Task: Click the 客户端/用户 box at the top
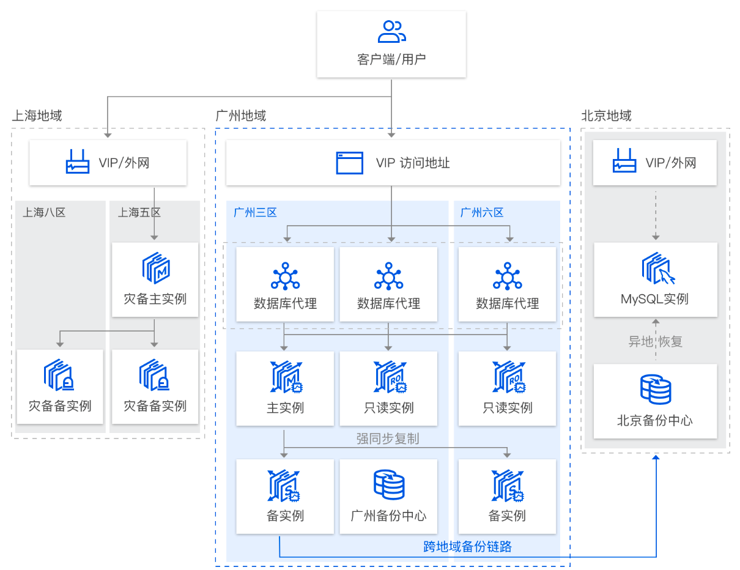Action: point(391,45)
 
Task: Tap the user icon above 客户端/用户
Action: point(391,31)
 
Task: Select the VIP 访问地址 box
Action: point(393,163)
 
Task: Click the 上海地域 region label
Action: point(37,116)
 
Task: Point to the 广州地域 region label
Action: point(241,116)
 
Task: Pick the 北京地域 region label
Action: point(606,116)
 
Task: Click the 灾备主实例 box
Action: point(155,279)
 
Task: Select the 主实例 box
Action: point(285,388)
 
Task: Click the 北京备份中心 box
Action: point(655,401)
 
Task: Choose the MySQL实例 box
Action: point(655,279)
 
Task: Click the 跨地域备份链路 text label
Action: point(467,547)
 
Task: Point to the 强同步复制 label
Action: point(388,439)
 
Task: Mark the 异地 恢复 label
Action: point(655,341)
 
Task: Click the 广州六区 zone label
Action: point(482,212)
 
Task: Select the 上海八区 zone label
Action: point(44,212)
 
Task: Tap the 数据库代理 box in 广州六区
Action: point(507,285)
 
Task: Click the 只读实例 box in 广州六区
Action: point(507,388)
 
